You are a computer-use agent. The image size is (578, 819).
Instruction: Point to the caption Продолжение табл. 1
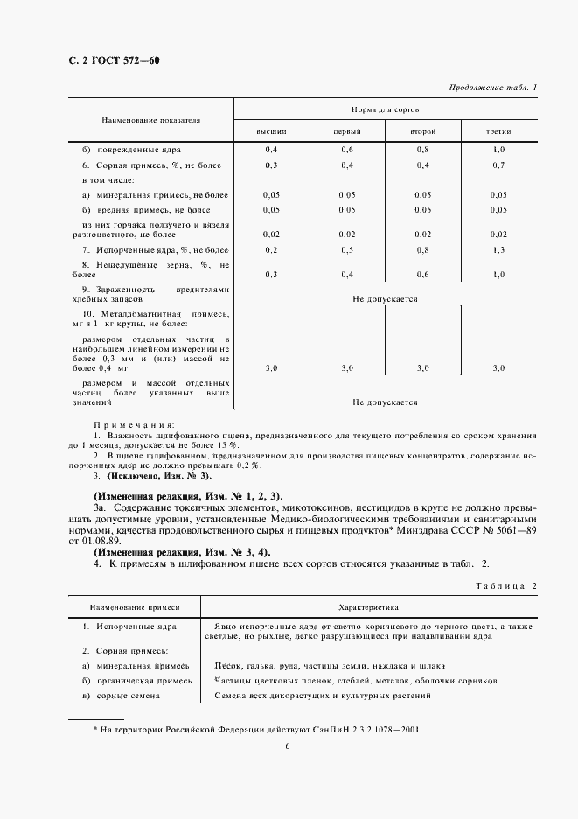click(x=493, y=87)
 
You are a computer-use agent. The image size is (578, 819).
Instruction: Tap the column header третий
click(x=498, y=130)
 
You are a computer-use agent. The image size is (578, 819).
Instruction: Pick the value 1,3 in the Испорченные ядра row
click(x=498, y=250)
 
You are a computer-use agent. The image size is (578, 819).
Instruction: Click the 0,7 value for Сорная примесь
click(x=498, y=165)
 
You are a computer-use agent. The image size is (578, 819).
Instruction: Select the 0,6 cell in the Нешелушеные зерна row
click(x=422, y=275)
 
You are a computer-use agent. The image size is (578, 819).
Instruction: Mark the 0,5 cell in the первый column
click(x=347, y=250)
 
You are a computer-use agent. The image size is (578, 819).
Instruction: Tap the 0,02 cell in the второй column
click(x=422, y=234)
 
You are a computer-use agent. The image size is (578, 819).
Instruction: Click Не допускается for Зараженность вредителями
click(x=385, y=299)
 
